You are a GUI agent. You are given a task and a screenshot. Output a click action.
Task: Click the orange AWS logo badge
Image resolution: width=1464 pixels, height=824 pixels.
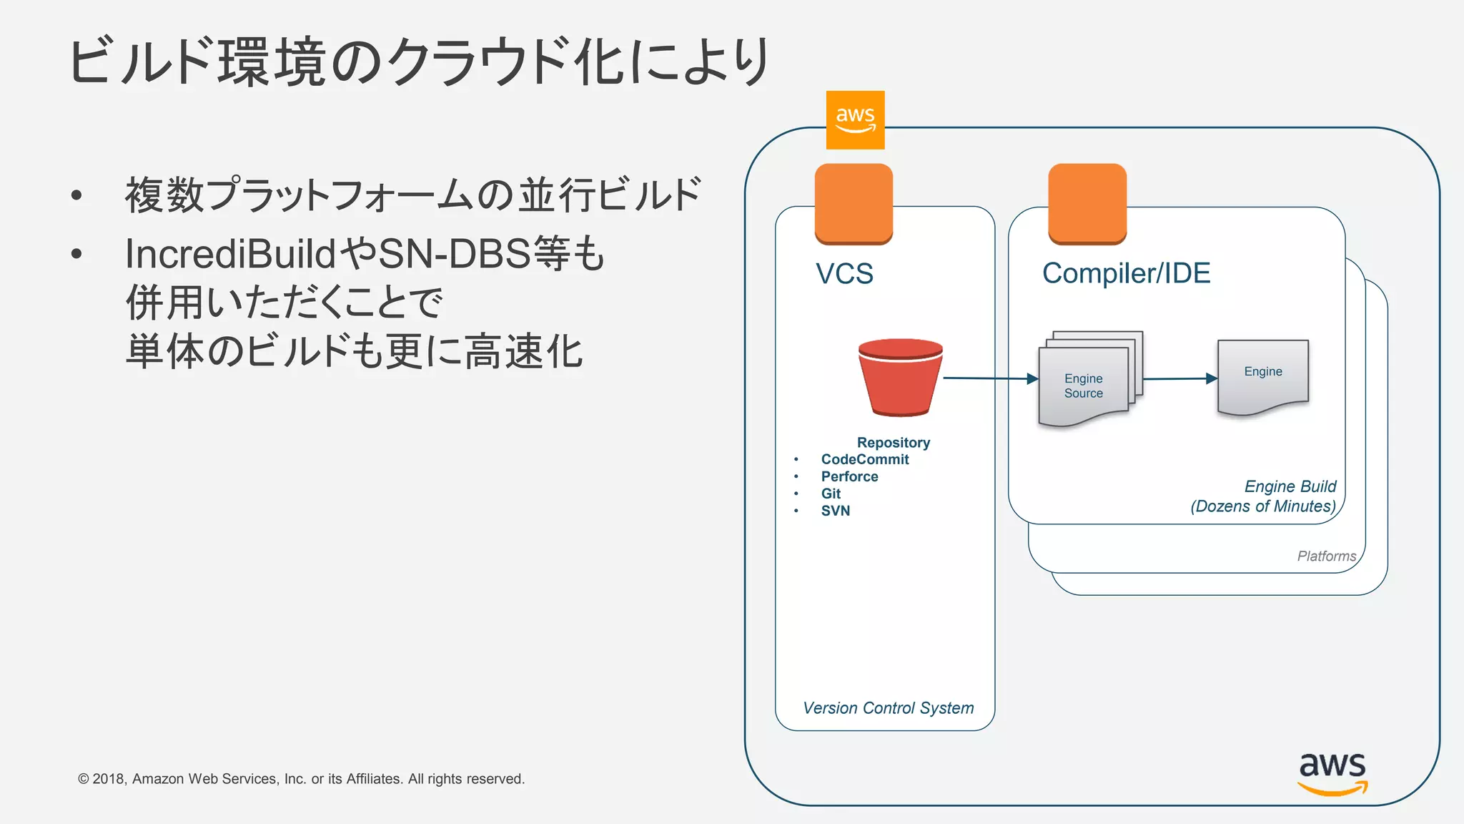click(x=855, y=119)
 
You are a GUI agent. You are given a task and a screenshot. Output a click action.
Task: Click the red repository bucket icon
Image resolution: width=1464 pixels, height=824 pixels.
click(x=900, y=377)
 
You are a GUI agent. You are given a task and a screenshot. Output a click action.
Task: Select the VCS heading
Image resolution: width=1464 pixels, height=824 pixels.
click(x=844, y=274)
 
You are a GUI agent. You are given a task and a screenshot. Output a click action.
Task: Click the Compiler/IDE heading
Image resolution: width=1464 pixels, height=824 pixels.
click(x=1126, y=273)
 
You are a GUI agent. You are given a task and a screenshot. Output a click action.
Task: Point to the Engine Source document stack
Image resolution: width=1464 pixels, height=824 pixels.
click(x=1087, y=380)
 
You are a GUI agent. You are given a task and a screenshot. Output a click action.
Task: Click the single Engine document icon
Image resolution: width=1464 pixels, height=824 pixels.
click(x=1262, y=377)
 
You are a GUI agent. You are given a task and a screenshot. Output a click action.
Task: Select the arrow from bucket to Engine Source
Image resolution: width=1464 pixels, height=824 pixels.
click(x=990, y=378)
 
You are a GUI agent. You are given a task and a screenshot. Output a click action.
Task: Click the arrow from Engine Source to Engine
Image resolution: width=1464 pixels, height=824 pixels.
click(x=1179, y=378)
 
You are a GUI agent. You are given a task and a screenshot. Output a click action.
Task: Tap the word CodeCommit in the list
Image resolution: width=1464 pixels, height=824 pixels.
click(x=864, y=459)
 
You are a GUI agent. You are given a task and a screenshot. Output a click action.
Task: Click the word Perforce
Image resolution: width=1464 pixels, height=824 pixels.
click(x=849, y=476)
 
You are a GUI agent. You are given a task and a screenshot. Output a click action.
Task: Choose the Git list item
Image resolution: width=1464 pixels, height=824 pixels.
click(x=831, y=494)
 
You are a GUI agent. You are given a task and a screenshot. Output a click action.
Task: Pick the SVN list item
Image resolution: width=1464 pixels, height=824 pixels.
click(x=835, y=511)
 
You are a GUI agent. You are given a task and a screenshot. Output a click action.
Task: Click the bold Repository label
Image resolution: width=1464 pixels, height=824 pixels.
click(x=893, y=443)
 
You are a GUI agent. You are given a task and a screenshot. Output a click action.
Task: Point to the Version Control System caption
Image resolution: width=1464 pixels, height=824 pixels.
click(x=888, y=708)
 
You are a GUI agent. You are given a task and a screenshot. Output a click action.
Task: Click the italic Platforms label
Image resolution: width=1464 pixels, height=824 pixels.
click(x=1326, y=556)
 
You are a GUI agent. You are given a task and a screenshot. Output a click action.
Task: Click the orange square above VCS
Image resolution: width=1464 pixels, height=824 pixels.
click(x=854, y=204)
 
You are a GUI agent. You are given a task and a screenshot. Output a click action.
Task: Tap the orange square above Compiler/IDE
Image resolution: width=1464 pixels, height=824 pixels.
click(x=1087, y=204)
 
